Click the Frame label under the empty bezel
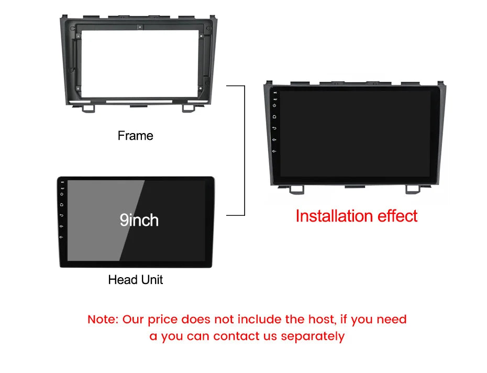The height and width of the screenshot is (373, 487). click(135, 136)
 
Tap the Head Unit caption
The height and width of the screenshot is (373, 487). click(135, 280)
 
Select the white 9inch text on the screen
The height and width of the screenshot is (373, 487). click(139, 220)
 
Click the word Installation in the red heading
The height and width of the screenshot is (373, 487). click(334, 216)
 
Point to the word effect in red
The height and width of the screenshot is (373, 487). click(396, 216)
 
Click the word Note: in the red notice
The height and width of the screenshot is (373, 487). click(103, 319)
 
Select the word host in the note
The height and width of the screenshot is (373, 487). click(319, 319)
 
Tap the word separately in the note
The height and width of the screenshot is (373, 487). click(313, 336)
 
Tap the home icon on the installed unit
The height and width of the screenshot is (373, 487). click(274, 116)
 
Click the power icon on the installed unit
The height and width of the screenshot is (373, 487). click(274, 105)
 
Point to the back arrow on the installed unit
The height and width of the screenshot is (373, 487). click(274, 128)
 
